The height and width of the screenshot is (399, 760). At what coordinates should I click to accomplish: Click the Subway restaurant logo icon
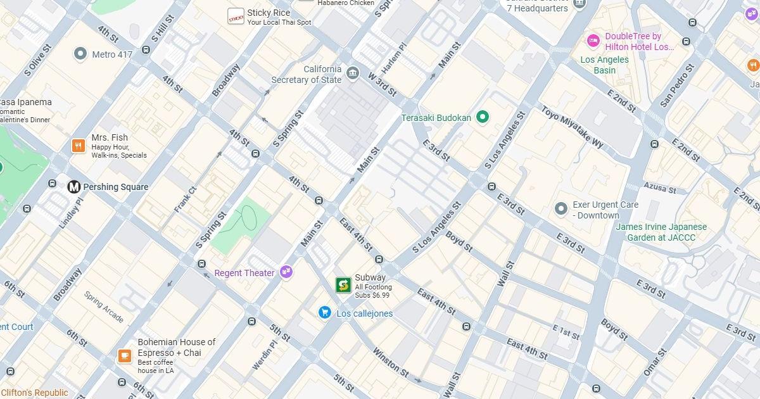click(343, 285)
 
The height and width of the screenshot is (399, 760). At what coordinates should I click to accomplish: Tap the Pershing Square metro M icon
click(74, 187)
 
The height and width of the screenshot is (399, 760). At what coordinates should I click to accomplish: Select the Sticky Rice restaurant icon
click(236, 16)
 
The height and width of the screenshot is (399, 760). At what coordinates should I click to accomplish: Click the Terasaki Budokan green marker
click(483, 117)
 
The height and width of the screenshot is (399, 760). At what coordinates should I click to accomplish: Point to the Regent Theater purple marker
click(286, 272)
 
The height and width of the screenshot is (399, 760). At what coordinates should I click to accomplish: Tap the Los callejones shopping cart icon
click(325, 313)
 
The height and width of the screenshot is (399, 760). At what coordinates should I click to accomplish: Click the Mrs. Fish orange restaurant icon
click(79, 146)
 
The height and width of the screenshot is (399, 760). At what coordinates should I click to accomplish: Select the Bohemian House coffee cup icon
click(124, 355)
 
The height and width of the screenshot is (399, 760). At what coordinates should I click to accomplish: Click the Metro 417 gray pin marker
click(80, 54)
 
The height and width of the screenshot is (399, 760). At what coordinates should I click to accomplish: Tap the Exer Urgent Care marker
click(560, 208)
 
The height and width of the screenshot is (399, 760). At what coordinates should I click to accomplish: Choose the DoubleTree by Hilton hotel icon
click(593, 41)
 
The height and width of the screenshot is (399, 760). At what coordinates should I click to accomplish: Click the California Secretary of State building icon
click(353, 73)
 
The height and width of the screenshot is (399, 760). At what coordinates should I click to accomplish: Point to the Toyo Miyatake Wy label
click(572, 127)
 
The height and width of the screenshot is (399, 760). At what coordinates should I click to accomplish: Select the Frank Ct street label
click(186, 199)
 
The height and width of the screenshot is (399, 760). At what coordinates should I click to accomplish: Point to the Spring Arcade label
click(104, 307)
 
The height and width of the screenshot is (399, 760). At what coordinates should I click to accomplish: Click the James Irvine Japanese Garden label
click(661, 232)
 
